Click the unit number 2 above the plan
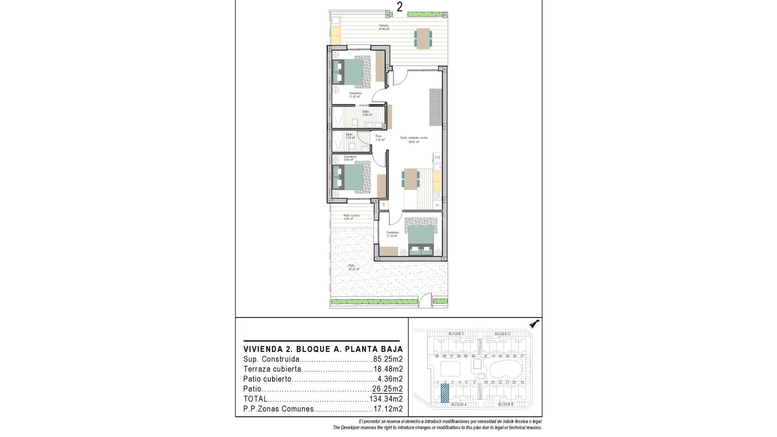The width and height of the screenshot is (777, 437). [399, 7]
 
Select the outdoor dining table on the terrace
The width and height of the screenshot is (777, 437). [423, 39]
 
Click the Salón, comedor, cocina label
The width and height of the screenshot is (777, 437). [414, 140]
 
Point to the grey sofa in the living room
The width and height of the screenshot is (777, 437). [436, 107]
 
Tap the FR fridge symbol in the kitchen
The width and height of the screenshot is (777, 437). [437, 158]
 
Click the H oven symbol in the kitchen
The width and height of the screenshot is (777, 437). [437, 206]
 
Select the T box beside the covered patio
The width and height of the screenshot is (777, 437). [384, 205]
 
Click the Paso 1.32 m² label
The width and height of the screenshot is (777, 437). [379, 138]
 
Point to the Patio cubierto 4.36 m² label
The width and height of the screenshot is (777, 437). [351, 217]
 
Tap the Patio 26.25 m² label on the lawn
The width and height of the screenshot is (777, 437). [354, 267]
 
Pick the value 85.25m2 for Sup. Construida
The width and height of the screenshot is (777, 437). [388, 359]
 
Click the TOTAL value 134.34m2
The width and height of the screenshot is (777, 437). [386, 399]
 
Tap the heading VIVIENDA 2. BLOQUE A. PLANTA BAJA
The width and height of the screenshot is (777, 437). [323, 349]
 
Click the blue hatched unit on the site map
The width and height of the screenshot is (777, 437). [445, 393]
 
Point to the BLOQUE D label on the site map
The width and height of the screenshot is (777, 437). [456, 334]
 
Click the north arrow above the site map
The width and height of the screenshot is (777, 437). [535, 324]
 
